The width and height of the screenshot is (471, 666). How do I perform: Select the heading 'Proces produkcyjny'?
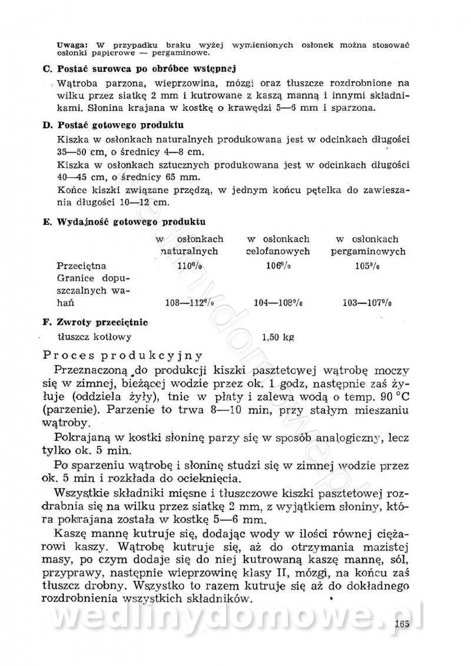(x=124, y=355)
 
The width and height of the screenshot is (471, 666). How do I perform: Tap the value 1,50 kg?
(x=277, y=337)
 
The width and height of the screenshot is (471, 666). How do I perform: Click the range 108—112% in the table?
(x=188, y=303)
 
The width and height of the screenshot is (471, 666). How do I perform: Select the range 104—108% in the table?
(x=278, y=303)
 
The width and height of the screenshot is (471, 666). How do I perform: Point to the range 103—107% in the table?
(x=367, y=303)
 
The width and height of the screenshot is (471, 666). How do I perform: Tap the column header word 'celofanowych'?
(x=278, y=251)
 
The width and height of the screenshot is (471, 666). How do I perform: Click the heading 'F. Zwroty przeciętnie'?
(x=95, y=322)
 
